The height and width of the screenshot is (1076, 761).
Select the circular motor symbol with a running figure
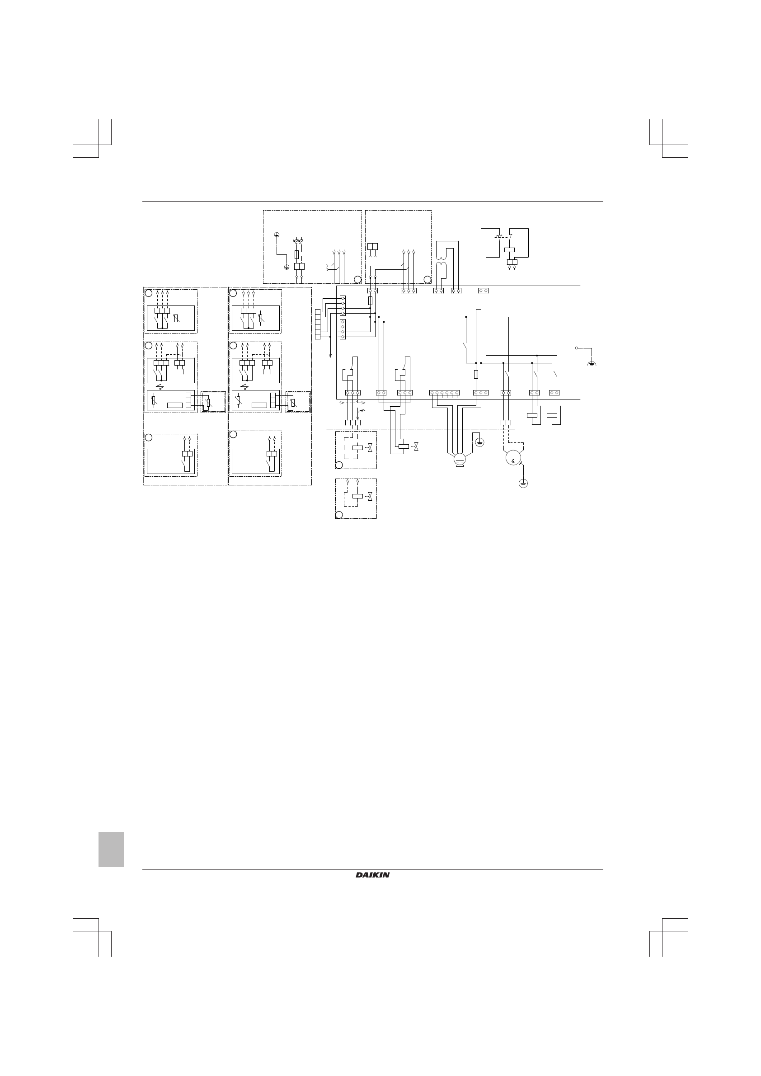(513, 459)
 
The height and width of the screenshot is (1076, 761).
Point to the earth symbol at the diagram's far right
(592, 363)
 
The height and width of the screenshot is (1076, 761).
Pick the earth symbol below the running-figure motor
(523, 483)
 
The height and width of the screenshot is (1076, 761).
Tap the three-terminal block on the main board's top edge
(409, 291)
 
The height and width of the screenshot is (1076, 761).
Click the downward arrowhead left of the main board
(331, 356)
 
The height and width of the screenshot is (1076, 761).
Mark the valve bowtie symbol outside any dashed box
(416, 446)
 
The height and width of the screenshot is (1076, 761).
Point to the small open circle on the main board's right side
(576, 348)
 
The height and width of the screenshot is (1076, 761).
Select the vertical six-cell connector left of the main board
(317, 324)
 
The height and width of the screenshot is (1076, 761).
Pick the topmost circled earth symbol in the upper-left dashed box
(277, 234)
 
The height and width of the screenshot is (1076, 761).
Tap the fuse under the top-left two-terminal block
(371, 301)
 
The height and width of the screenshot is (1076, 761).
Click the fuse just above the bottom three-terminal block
(476, 375)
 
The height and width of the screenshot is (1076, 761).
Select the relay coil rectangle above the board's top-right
(509, 250)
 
